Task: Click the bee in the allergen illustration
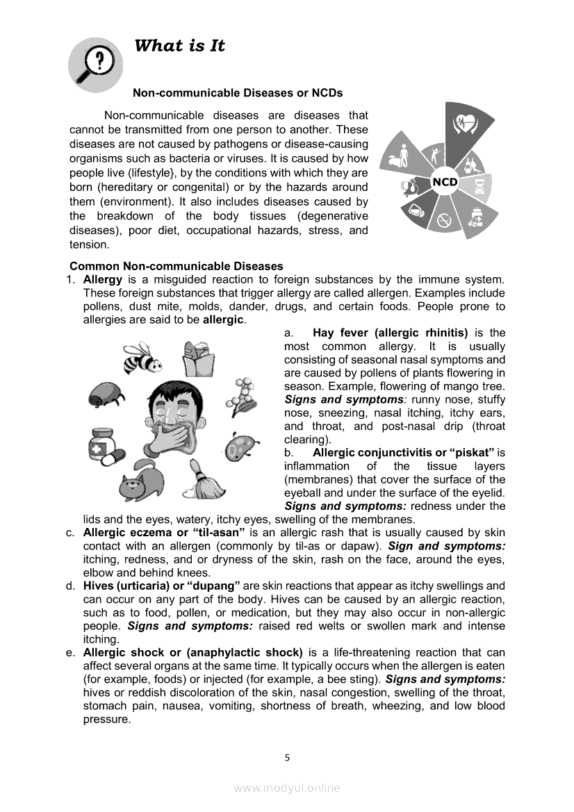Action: pos(142,358)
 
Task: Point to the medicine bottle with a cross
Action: pos(104,444)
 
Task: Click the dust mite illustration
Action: pos(106,398)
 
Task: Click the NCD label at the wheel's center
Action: pos(445,182)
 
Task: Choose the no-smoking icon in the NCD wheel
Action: pos(442,222)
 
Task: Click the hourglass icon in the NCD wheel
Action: pos(481,186)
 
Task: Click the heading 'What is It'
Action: pos(179,46)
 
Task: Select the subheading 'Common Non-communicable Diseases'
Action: pos(177,266)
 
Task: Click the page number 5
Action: pos(287,758)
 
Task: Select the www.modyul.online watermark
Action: pos(287,788)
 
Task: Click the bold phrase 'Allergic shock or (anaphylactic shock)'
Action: pos(192,652)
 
